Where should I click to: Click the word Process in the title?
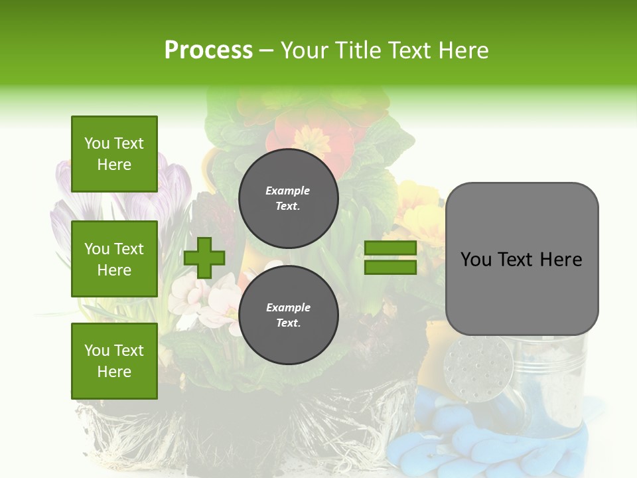pyautogui.click(x=208, y=50)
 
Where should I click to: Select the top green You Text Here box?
pyautogui.click(x=114, y=154)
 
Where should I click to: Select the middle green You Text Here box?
pyautogui.click(x=114, y=259)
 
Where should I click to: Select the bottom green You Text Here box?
pyautogui.click(x=114, y=360)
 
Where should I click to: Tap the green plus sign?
pyautogui.click(x=204, y=258)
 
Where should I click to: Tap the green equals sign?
pyautogui.click(x=390, y=258)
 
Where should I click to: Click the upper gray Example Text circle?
pyautogui.click(x=288, y=198)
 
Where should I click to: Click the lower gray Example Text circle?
pyautogui.click(x=288, y=315)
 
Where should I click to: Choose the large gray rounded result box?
pyautogui.click(x=522, y=259)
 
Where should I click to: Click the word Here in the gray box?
pyautogui.click(x=561, y=260)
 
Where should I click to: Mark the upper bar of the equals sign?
pyautogui.click(x=390, y=248)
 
